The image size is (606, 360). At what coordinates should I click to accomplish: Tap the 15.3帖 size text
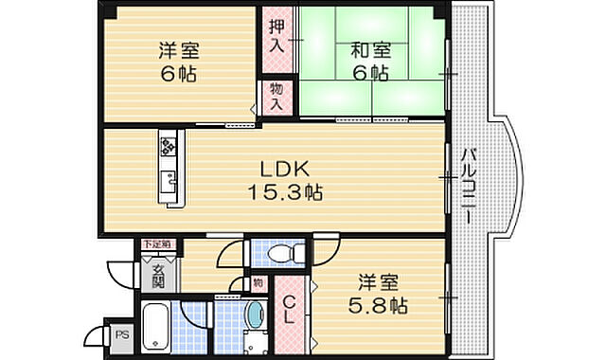coord(285,192)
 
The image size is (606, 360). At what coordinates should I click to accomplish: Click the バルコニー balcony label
coord(468,185)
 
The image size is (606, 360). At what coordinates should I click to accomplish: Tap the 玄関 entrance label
coord(157,275)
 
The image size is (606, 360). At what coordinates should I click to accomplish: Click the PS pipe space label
coord(121,333)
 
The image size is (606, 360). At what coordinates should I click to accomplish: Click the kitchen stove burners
coord(169,146)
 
